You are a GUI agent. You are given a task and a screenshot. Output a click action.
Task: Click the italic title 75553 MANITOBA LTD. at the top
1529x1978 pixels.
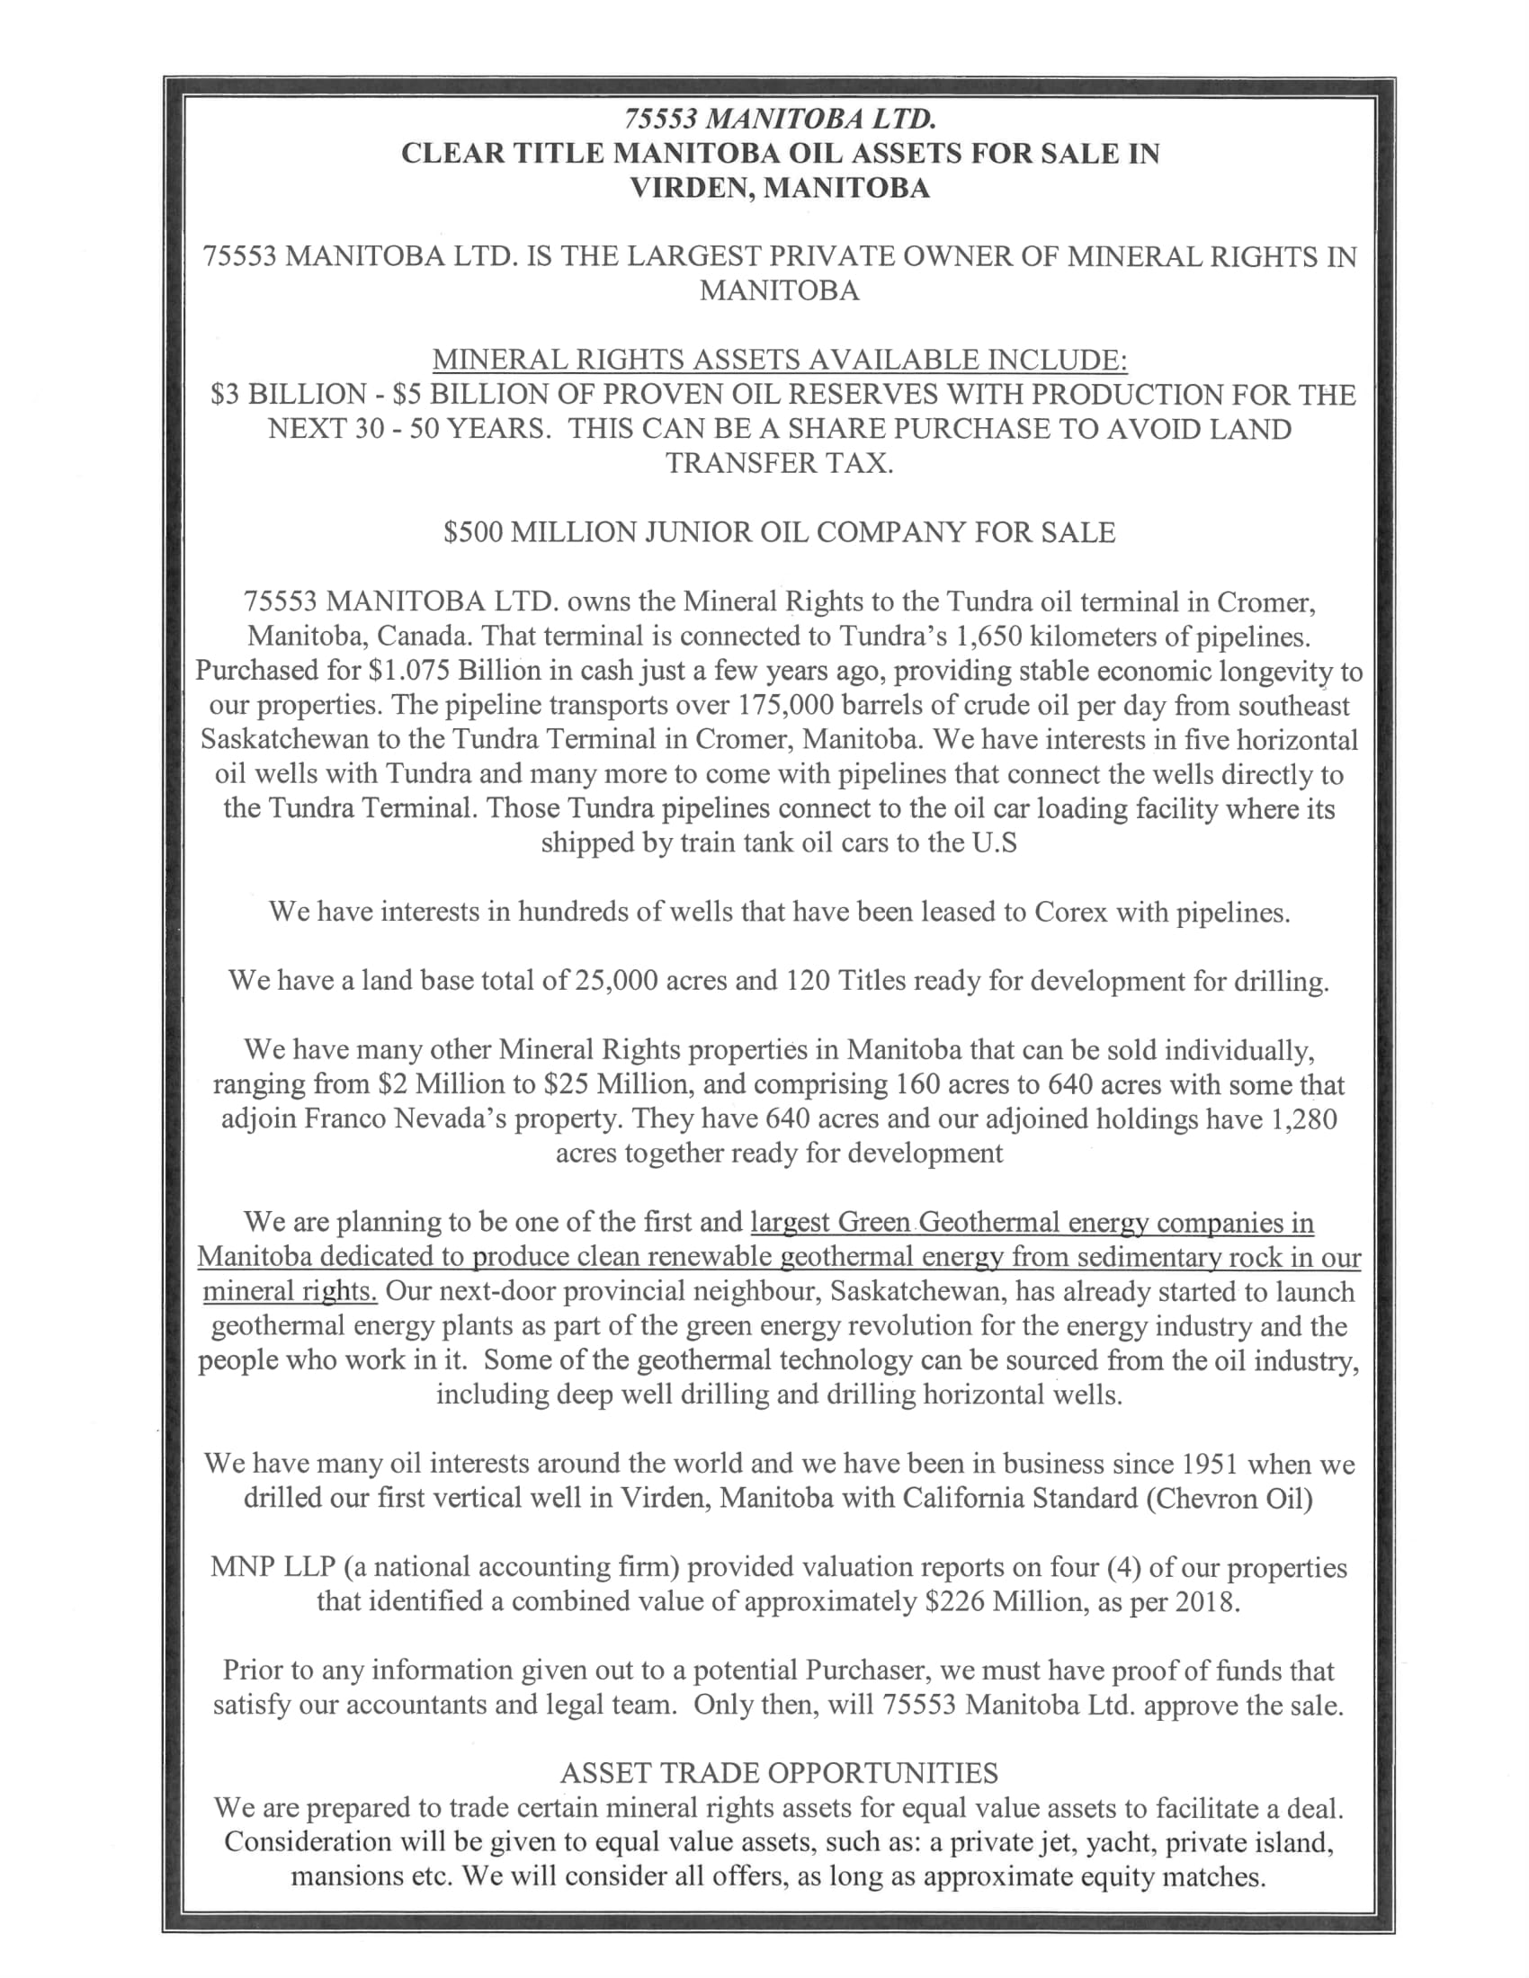click(779, 119)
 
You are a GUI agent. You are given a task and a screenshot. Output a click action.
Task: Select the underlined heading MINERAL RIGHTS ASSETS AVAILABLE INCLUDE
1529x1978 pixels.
click(779, 361)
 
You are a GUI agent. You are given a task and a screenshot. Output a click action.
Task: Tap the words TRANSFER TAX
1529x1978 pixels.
click(779, 463)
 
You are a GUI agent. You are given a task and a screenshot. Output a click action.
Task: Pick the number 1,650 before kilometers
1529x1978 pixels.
click(989, 637)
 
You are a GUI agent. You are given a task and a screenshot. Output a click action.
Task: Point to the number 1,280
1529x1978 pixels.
click(1303, 1118)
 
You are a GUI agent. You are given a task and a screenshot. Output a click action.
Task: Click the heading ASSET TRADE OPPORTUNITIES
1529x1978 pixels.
click(779, 1772)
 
